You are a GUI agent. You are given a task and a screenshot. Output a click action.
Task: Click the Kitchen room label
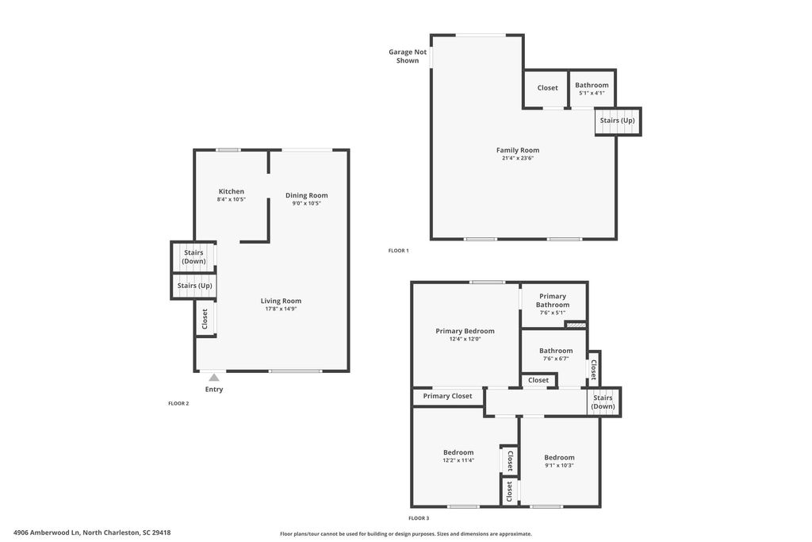[x=232, y=191]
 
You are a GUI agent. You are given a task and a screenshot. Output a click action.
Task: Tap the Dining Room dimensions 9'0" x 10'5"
[x=306, y=203]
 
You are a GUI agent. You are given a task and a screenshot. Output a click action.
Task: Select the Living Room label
[x=281, y=301]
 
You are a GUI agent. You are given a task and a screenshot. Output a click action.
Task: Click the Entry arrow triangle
[x=214, y=378]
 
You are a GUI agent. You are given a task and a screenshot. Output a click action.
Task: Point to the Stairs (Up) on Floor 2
[x=194, y=286]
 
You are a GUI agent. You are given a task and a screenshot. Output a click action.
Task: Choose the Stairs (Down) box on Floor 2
[x=193, y=256]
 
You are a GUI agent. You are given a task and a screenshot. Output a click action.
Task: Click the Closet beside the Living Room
[x=205, y=319]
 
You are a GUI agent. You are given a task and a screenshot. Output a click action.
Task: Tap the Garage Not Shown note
[x=408, y=56]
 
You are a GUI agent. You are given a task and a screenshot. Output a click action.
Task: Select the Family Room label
[x=518, y=150]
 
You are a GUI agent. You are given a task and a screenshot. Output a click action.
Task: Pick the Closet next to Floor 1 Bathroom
[x=547, y=88]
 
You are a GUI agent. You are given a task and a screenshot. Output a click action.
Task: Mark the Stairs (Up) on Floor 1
[x=617, y=121]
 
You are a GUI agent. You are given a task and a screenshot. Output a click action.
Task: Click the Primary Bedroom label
[x=465, y=331]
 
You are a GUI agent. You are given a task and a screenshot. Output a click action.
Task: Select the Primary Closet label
[x=447, y=396]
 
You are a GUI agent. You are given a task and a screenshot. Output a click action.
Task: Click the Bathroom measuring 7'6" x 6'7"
[x=556, y=354]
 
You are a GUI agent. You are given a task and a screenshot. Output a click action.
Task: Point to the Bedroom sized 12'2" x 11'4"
[x=458, y=456]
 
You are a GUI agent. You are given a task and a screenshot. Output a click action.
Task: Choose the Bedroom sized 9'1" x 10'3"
[x=559, y=461]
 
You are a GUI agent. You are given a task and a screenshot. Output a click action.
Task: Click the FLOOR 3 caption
[x=419, y=518]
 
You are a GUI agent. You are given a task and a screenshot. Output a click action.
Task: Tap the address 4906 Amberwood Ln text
[x=92, y=532]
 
